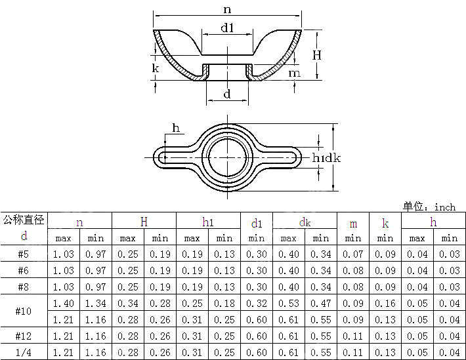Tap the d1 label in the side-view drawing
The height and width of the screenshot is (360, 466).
(227, 28)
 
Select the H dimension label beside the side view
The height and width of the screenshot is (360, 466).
(316, 56)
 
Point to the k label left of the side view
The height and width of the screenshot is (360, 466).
(156, 68)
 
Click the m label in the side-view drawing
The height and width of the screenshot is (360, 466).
(295, 73)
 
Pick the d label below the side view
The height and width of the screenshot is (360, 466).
(227, 94)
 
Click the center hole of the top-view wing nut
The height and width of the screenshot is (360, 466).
(227, 157)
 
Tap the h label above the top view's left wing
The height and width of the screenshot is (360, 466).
(176, 127)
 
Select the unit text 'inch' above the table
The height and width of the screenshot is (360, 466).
(444, 207)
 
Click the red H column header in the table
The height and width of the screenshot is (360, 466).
(144, 222)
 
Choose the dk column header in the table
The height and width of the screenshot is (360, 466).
(305, 222)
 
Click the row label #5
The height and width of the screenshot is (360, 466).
(24, 254)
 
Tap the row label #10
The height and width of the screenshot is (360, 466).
(24, 311)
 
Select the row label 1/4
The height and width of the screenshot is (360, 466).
(24, 352)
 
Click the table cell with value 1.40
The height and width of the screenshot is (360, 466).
(63, 303)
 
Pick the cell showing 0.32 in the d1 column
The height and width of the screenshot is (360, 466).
(256, 303)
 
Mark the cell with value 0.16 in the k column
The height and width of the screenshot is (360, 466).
(385, 303)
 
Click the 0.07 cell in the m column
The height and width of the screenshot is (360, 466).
(353, 254)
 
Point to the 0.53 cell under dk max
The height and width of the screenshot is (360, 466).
(288, 303)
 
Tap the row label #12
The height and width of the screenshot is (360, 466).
(24, 336)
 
